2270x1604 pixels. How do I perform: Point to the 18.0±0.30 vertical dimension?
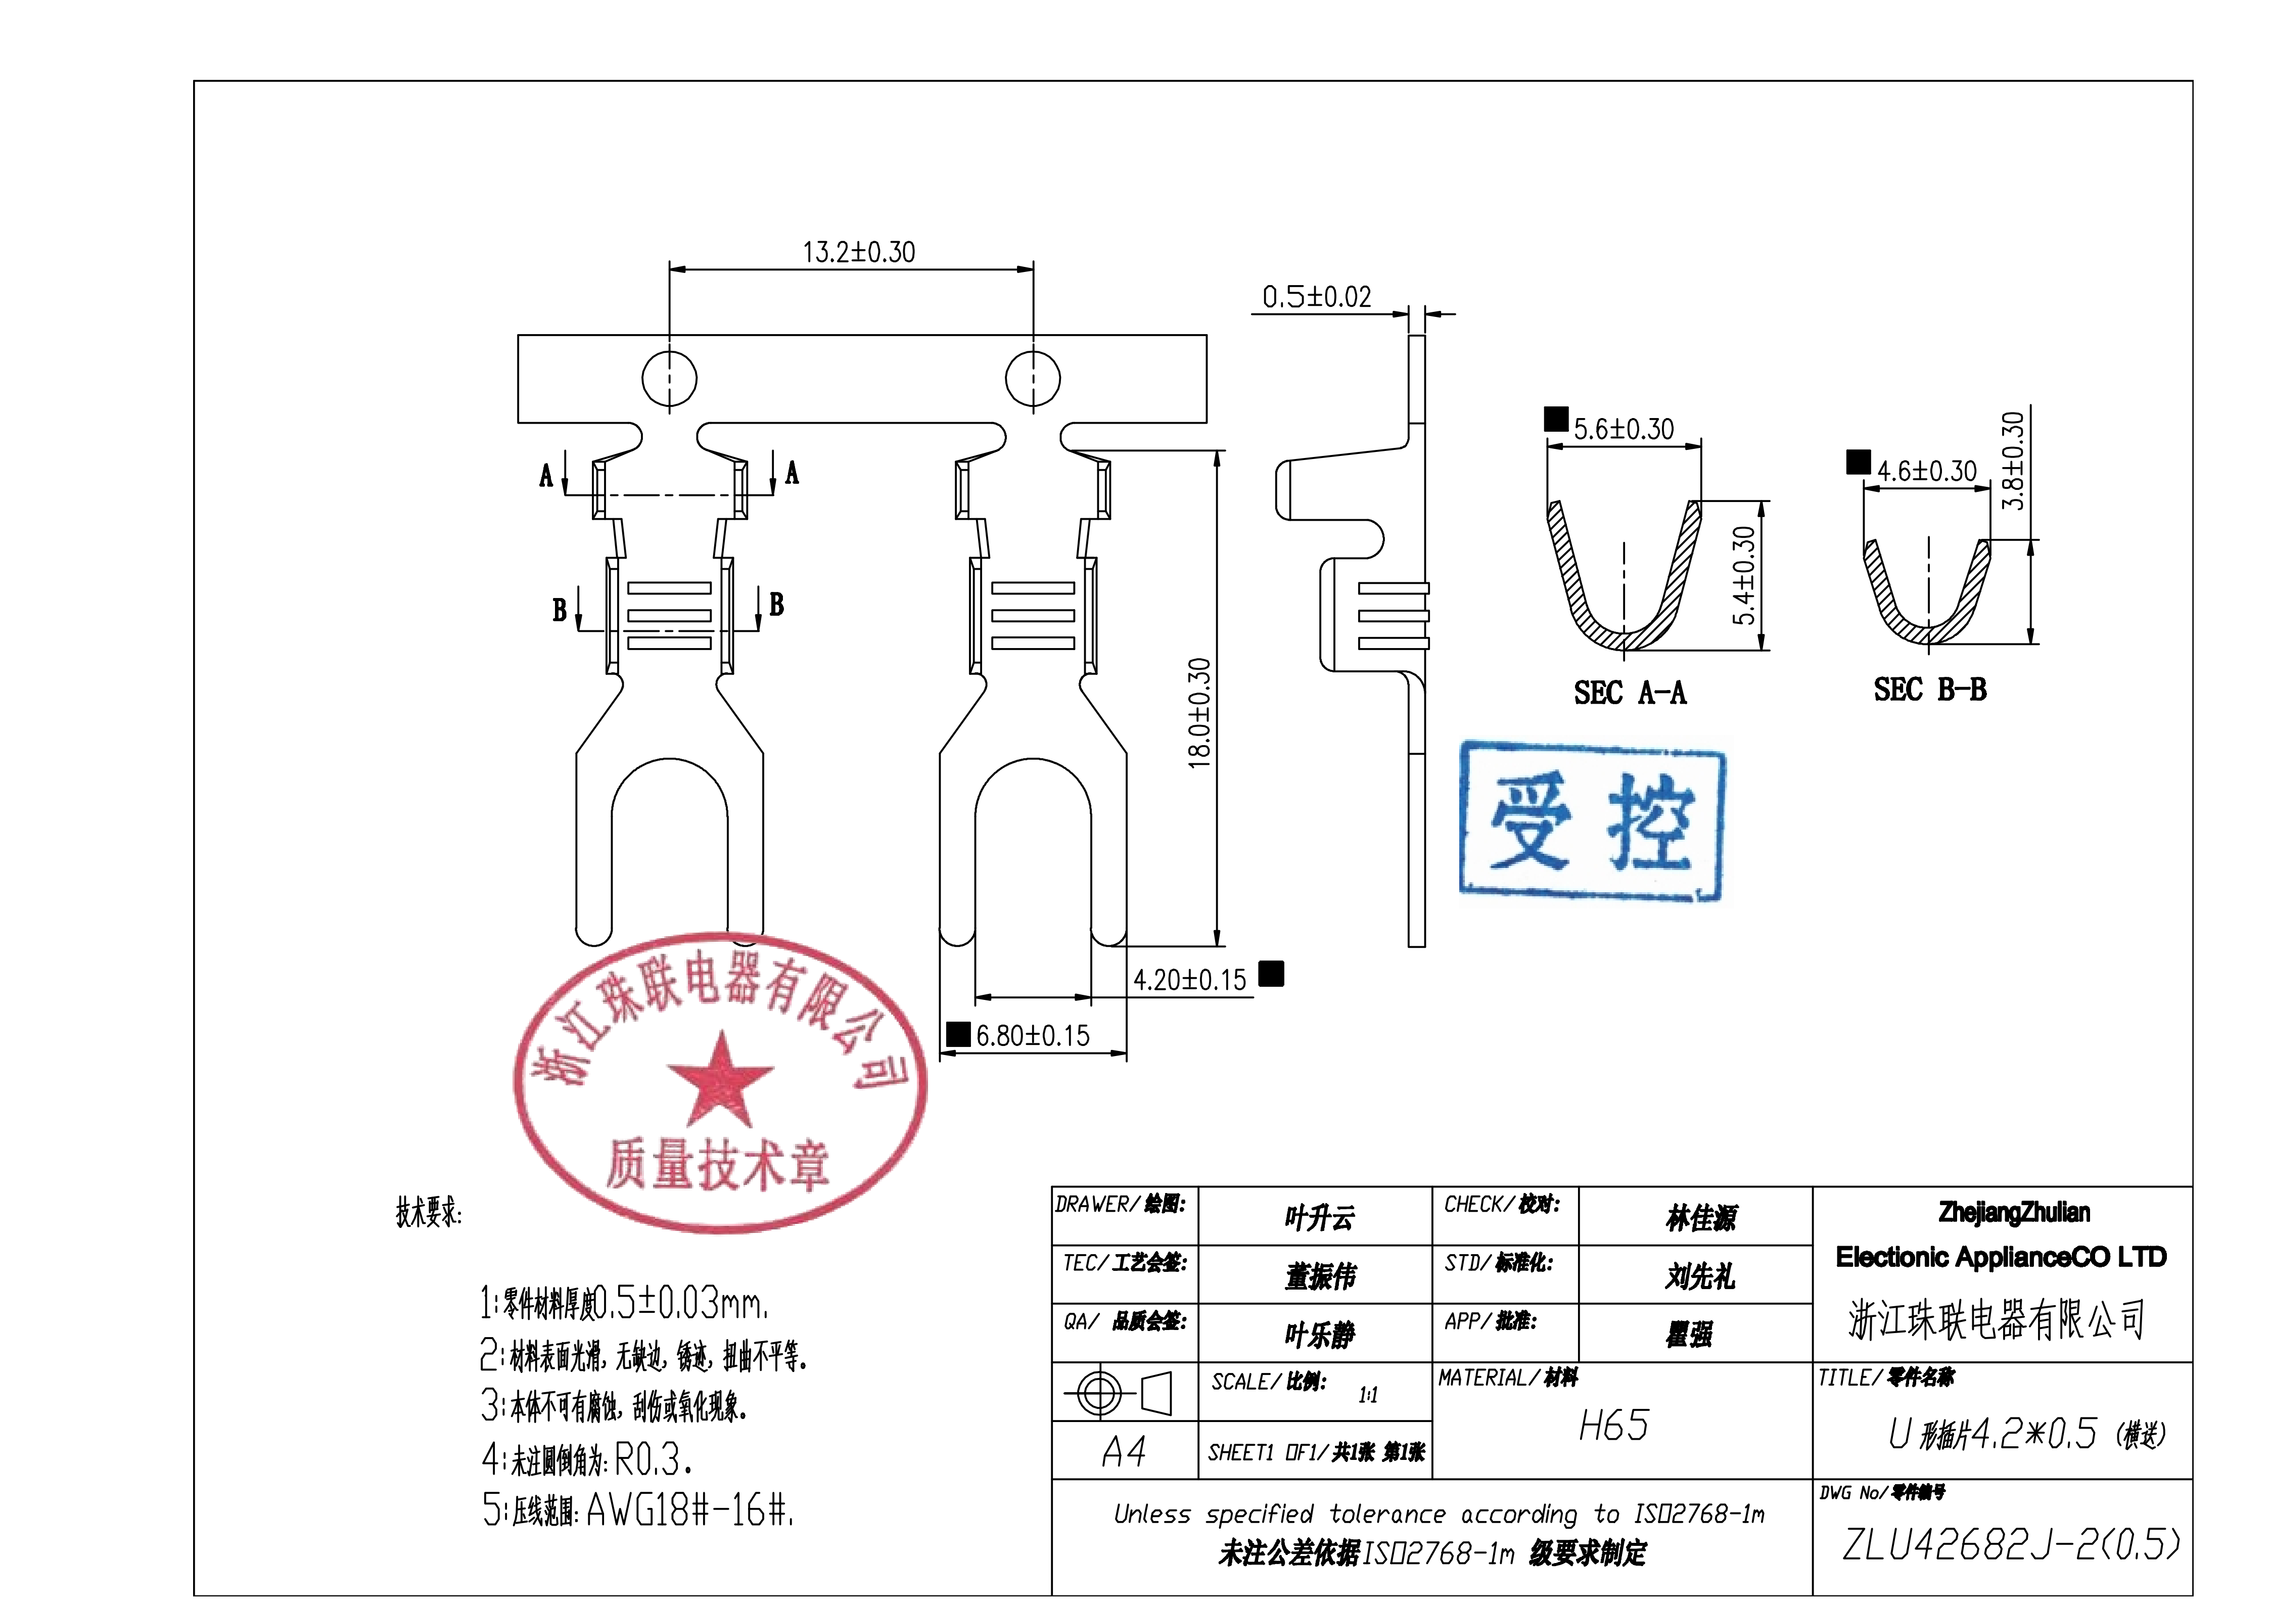(x=1198, y=712)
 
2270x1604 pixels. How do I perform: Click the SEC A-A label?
(x=1630, y=692)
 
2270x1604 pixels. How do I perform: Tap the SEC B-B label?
(x=1929, y=689)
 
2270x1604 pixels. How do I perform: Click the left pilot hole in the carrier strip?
(x=669, y=378)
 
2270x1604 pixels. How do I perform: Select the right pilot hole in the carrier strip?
(x=1033, y=378)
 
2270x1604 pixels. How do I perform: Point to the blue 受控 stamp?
(x=1592, y=821)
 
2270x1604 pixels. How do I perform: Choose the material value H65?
(x=1613, y=1425)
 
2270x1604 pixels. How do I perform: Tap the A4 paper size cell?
(x=1124, y=1452)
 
